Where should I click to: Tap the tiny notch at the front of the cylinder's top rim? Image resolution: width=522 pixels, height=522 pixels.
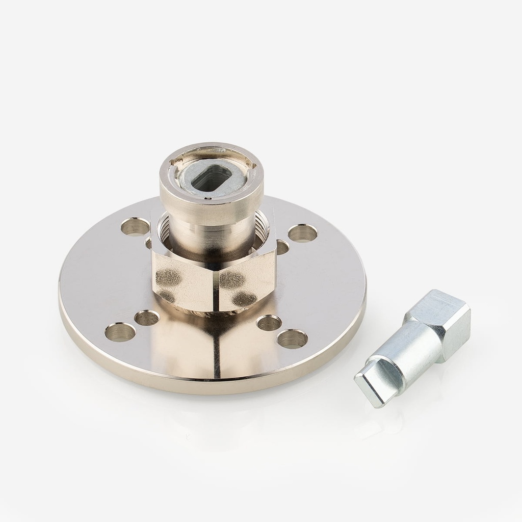coord(208,194)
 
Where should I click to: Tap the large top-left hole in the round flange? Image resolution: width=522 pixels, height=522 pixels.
coord(135,226)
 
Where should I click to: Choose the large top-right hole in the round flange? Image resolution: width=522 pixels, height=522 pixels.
coord(302,233)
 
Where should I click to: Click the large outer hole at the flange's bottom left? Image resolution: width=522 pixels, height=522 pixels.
coord(120,332)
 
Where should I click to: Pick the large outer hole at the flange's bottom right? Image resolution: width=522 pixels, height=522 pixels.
coord(292,338)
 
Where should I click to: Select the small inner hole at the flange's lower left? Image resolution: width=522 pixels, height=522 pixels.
coord(147,318)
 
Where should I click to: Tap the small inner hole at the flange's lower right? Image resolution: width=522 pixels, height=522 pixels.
coord(269,323)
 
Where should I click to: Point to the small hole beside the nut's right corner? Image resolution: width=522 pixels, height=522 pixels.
coord(281,247)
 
